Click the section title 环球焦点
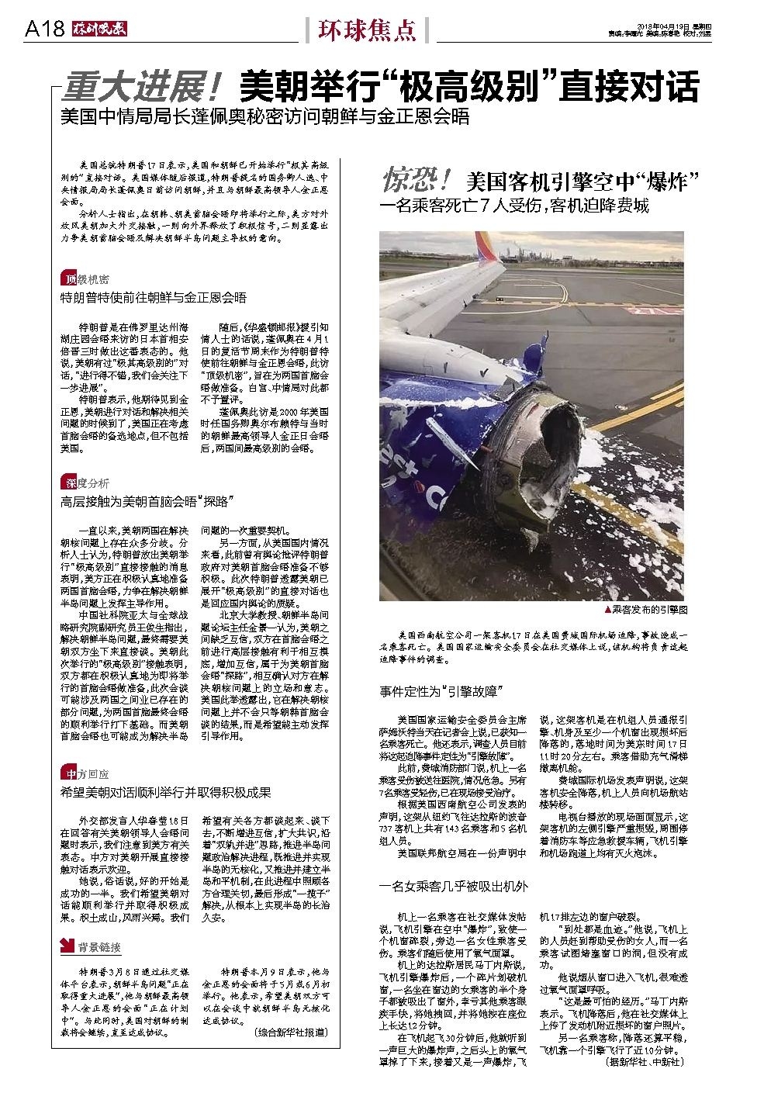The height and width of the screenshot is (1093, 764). pyautogui.click(x=366, y=29)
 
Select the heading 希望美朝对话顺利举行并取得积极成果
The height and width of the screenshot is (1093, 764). pyautogui.click(x=166, y=792)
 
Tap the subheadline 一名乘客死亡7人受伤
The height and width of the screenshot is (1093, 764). pyautogui.click(x=513, y=207)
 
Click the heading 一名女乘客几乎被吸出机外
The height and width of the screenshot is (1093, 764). pyautogui.click(x=454, y=886)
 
